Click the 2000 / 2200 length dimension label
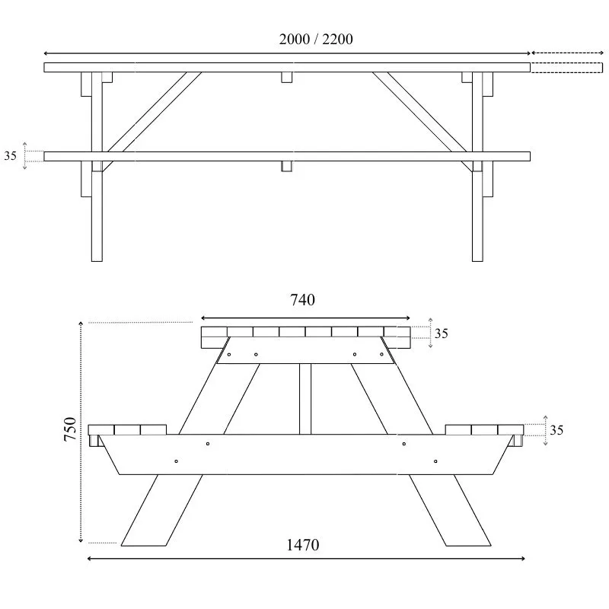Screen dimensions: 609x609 [315, 39]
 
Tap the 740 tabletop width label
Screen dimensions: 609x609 [302, 300]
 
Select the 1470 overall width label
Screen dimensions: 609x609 [302, 544]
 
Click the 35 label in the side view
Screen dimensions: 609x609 [11, 156]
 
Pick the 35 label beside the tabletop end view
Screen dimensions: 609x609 [442, 333]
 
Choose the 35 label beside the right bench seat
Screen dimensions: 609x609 [556, 430]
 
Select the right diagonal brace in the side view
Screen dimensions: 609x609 [420, 113]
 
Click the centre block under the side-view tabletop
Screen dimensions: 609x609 [287, 78]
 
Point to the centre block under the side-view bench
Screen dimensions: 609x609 [287, 166]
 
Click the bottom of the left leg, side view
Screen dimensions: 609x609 [97, 255]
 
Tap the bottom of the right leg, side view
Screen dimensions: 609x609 [477, 255]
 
